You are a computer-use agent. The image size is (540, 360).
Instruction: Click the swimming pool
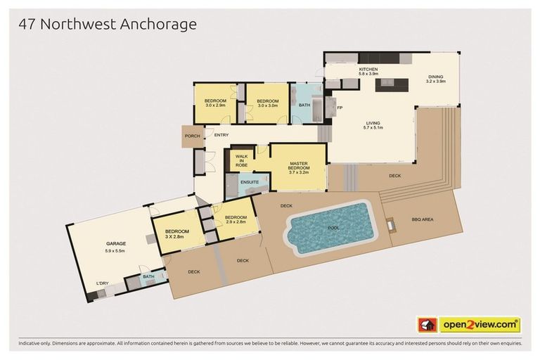330,228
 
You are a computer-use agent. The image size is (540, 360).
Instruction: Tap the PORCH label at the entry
192,136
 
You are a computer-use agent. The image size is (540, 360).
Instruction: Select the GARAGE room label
116,243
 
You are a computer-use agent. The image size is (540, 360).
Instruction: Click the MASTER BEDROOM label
299,166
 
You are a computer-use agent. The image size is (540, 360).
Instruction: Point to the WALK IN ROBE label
241,160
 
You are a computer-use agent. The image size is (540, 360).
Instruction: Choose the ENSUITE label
250,182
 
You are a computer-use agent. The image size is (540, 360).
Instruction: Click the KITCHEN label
368,69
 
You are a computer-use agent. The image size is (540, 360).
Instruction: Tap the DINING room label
436,77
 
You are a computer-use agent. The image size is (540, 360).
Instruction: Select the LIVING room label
373,123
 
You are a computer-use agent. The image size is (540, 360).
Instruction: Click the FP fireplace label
340,108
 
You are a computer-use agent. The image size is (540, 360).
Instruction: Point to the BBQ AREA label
423,219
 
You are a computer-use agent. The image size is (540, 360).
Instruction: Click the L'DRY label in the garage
102,283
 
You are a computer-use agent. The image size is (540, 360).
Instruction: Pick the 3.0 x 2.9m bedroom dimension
215,105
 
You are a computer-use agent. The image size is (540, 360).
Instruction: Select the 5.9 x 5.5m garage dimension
115,251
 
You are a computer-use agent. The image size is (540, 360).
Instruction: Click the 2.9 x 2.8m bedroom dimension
236,222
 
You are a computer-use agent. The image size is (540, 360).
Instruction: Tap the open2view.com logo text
480,325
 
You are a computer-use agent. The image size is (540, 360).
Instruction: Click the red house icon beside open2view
427,325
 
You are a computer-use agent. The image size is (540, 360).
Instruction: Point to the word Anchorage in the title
158,25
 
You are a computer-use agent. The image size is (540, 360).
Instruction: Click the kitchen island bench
392,85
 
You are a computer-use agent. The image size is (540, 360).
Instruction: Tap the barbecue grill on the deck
390,225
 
